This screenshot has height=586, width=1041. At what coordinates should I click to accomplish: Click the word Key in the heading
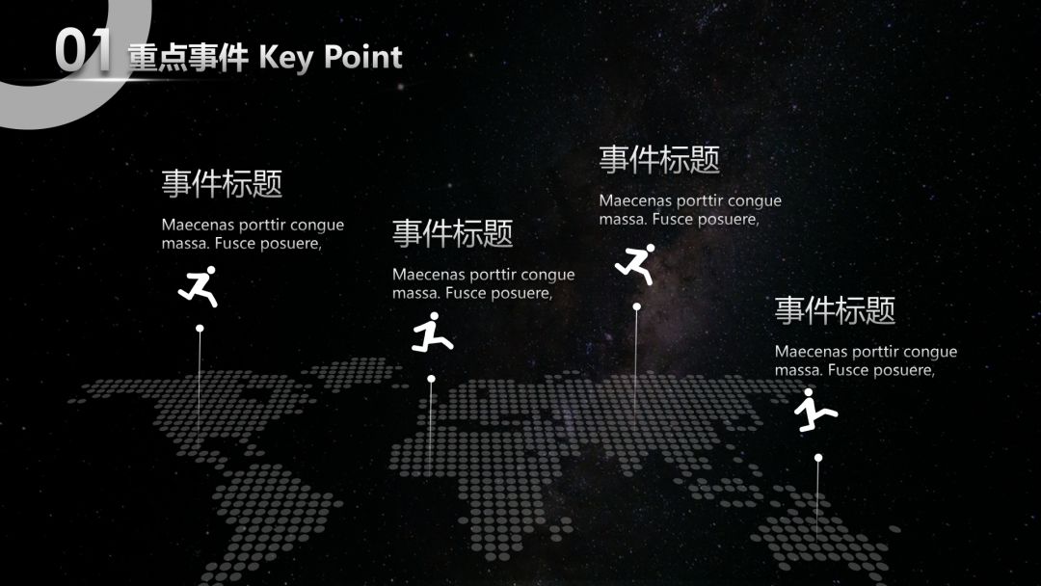coord(287,57)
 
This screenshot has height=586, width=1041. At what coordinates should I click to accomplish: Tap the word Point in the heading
coord(363,57)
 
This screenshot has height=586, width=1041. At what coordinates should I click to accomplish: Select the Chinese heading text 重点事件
coord(188,58)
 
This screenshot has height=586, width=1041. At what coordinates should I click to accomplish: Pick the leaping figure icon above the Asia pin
coord(635,264)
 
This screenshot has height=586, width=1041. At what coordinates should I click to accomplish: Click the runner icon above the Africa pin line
coord(431,333)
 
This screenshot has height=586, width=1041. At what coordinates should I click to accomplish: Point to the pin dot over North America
coord(200,329)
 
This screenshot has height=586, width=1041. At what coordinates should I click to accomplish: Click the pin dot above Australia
coord(818,458)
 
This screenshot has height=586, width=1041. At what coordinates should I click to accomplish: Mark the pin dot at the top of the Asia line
coord(636,306)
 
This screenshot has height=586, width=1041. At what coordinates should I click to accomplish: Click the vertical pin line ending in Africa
coord(431,424)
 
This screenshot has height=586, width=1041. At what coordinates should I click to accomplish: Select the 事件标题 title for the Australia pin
coord(835,310)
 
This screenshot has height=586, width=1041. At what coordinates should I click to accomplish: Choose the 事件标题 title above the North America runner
coord(222,183)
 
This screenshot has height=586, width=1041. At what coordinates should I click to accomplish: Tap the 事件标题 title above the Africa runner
coord(452,233)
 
